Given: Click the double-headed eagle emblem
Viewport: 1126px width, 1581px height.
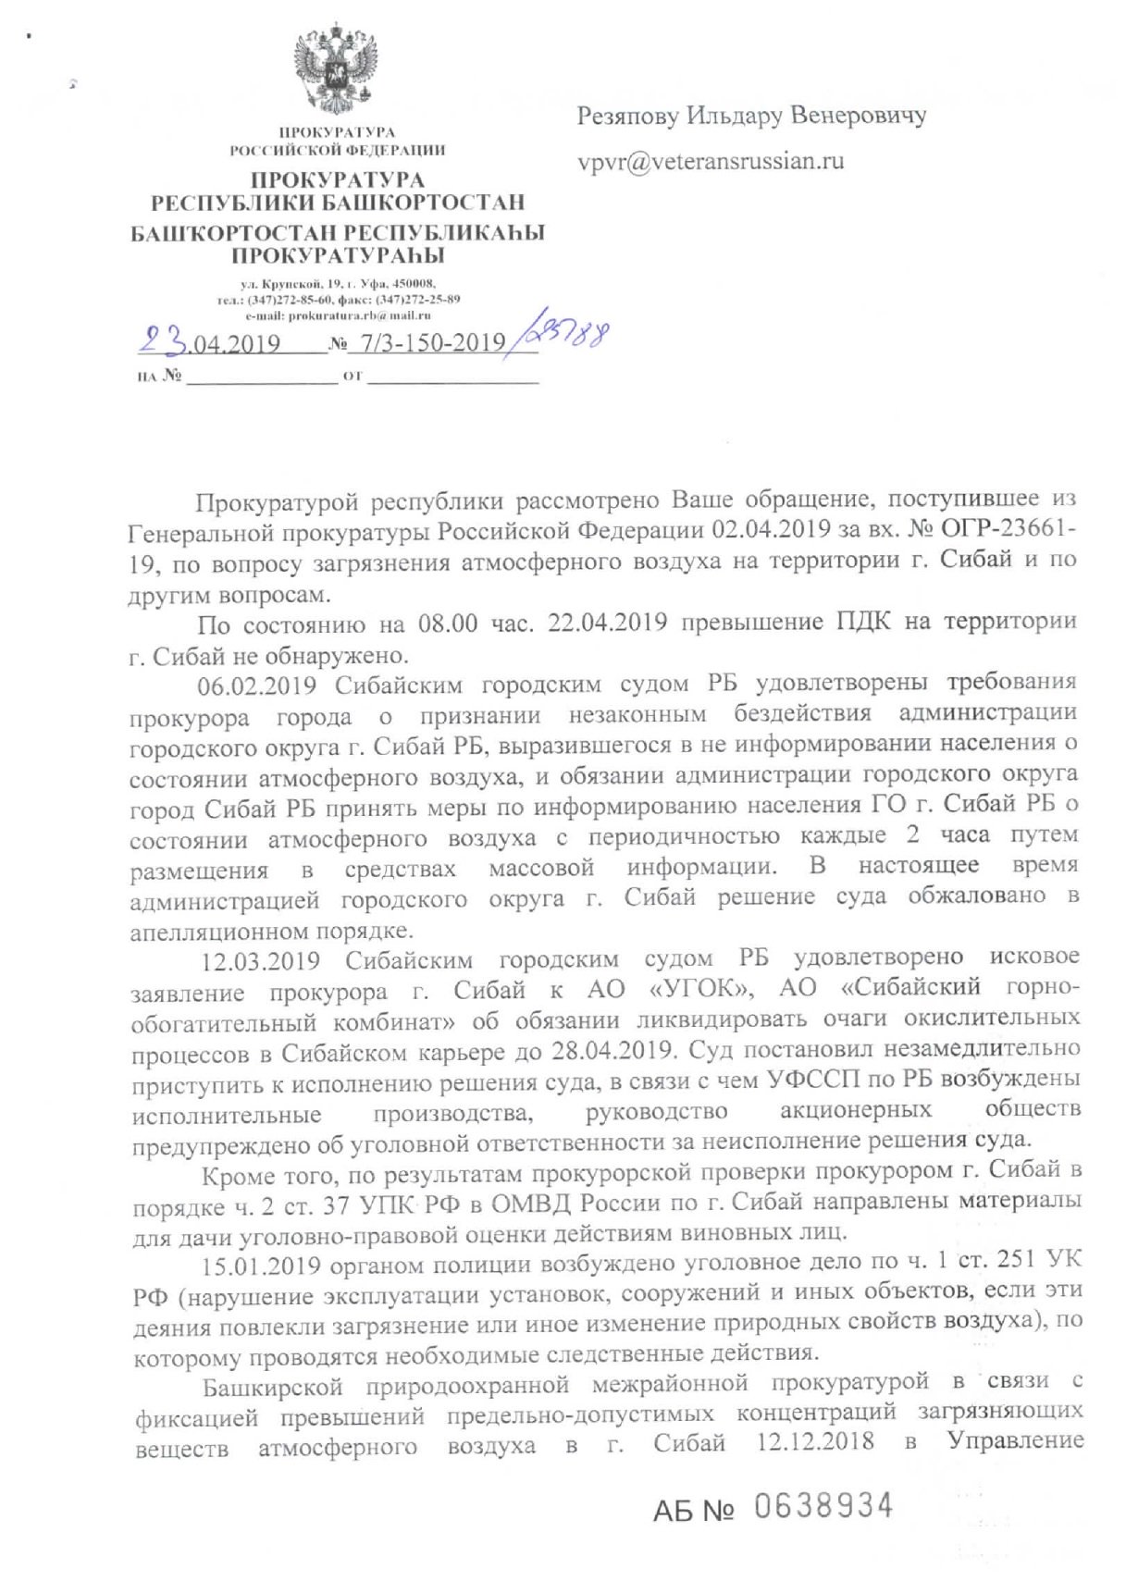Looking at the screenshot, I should pos(337,71).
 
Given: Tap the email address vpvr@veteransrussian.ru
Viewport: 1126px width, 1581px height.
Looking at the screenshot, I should pos(711,161).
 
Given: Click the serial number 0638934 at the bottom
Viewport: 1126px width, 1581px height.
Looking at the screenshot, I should pos(823,1506).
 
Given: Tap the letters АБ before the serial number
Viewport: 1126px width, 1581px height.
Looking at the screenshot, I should pos(674,1510).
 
